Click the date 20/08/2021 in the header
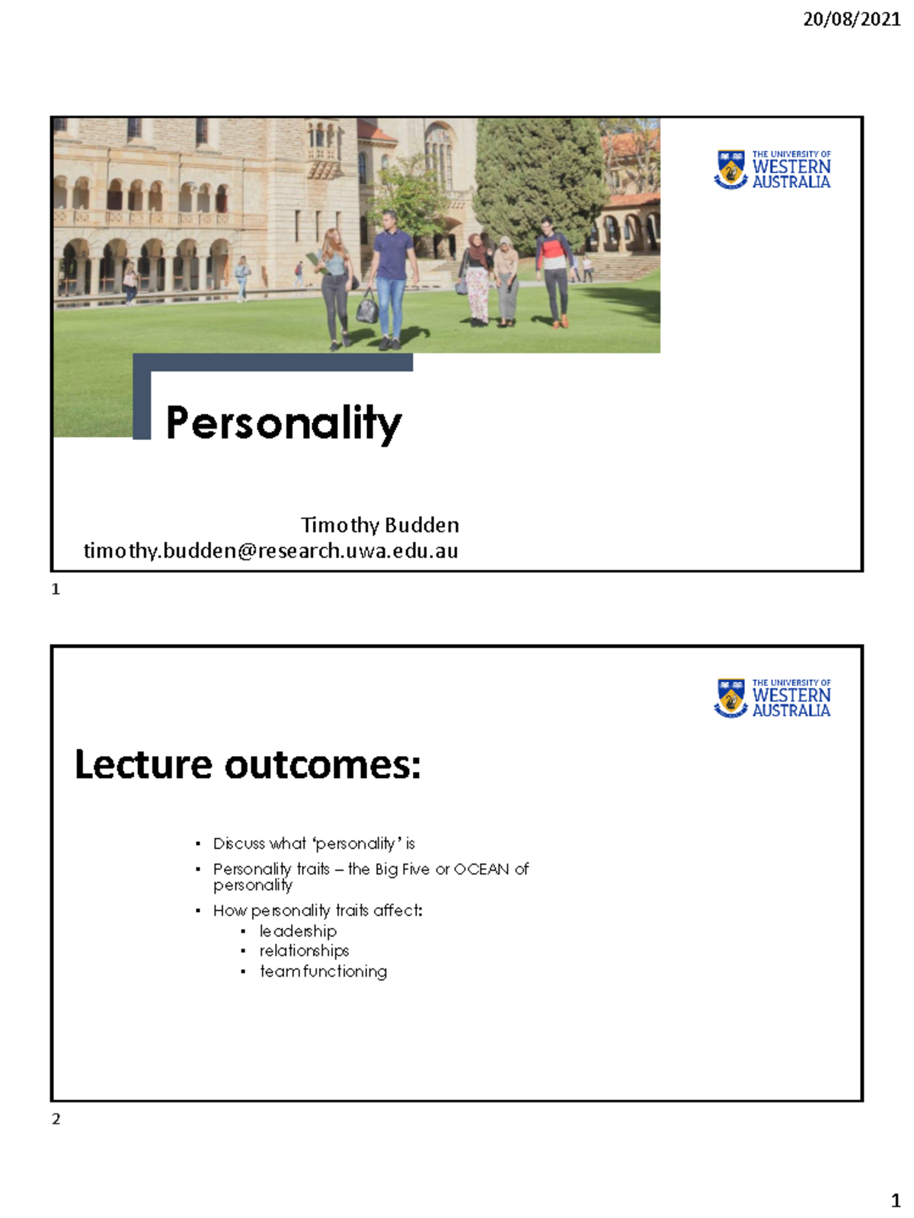(852, 19)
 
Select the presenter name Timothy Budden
(379, 525)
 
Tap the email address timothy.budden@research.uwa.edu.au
(270, 550)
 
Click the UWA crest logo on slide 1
(731, 168)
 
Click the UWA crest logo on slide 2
(731, 697)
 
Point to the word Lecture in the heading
(142, 764)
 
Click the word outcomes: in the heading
(322, 764)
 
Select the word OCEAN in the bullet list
(481, 869)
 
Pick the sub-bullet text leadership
(298, 931)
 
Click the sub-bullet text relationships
(304, 951)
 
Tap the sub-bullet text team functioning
(323, 971)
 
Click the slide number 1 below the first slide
(56, 588)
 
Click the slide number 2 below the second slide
(56, 1118)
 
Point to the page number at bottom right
(896, 1200)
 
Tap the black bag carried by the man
(367, 308)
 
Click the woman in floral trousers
(478, 282)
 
